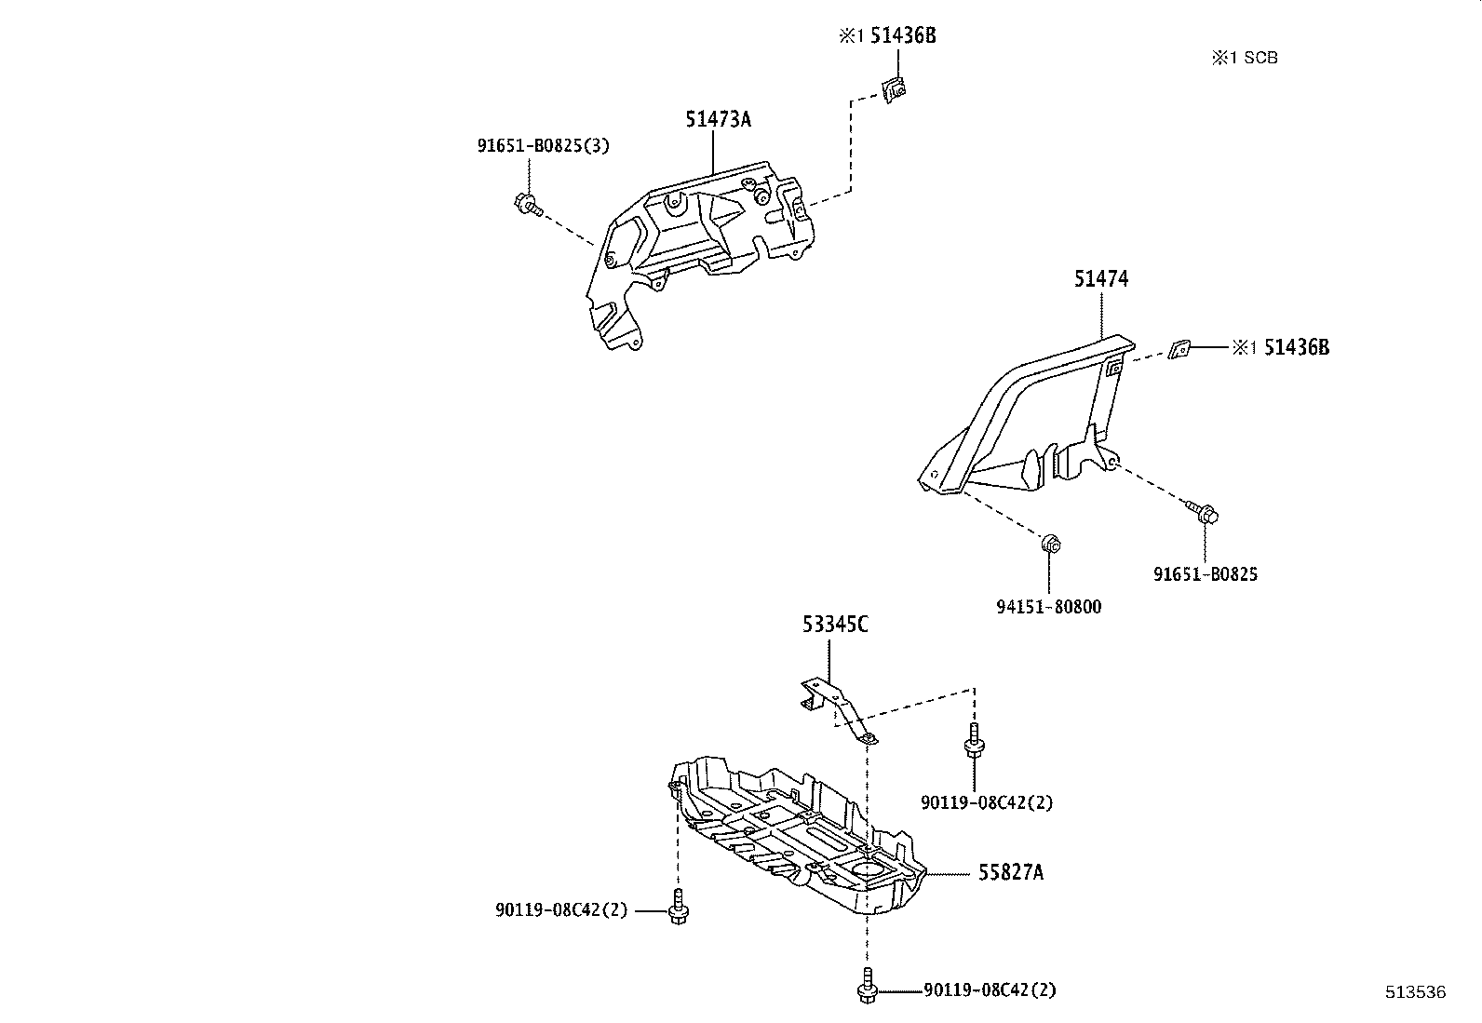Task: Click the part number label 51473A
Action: [x=718, y=119]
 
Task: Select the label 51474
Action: [x=1101, y=278]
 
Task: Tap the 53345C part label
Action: [x=835, y=625]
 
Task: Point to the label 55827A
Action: [x=1010, y=872]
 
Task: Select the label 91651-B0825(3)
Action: [x=544, y=146]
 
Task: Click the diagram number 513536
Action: [x=1414, y=992]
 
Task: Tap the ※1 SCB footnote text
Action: [x=1244, y=58]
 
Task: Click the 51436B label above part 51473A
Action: [x=909, y=36]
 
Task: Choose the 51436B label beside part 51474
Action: [x=1296, y=347]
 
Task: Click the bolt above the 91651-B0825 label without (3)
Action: [x=1205, y=512]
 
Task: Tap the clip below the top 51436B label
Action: [x=895, y=90]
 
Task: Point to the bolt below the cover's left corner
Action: [x=679, y=908]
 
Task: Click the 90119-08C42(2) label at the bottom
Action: [x=990, y=990]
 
